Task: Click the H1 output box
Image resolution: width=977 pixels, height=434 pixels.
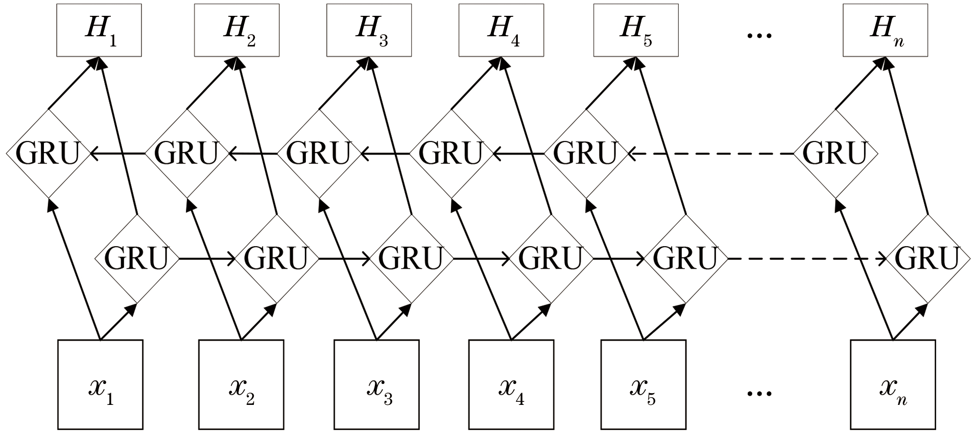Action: (99, 30)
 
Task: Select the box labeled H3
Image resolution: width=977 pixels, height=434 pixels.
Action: (369, 30)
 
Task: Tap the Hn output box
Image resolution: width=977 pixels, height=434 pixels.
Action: (885, 30)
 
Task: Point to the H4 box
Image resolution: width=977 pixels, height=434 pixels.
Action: (501, 30)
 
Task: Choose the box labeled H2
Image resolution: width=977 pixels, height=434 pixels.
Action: (237, 30)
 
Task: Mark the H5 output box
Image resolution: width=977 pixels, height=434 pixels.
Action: (636, 30)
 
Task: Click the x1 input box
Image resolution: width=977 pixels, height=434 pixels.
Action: (100, 384)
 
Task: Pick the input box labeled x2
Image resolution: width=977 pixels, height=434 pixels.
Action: (241, 384)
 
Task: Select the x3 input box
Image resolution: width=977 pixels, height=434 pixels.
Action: (376, 384)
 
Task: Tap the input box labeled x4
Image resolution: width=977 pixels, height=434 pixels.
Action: (511, 384)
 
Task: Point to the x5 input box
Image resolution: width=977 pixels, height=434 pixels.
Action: (643, 384)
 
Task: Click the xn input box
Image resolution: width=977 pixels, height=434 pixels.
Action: (893, 384)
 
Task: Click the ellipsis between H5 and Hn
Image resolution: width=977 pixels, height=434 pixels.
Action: (759, 35)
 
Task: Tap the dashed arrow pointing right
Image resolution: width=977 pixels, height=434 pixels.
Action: (807, 259)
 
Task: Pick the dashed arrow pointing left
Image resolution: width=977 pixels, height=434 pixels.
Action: (710, 153)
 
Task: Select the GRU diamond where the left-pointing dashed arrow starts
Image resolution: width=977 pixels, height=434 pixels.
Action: (835, 153)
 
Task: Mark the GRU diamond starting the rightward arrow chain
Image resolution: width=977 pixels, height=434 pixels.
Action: (136, 258)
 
